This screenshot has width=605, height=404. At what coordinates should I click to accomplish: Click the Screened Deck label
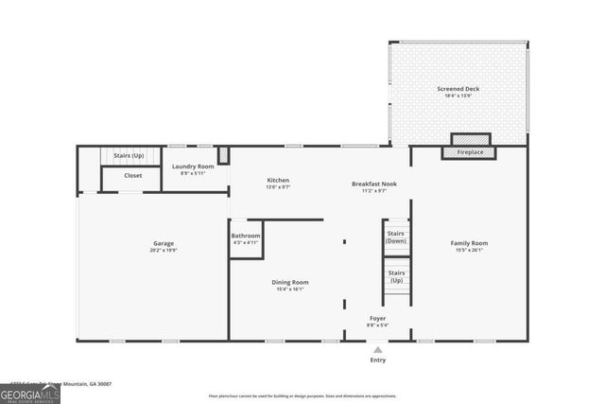point(458,89)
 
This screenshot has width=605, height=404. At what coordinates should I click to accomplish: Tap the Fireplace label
point(469,152)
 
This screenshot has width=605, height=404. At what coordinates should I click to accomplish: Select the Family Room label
point(469,243)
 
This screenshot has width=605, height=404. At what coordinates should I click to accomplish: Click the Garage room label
point(164,243)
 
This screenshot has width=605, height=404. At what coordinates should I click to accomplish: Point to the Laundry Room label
point(193,167)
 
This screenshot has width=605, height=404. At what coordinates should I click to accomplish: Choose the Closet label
point(133,175)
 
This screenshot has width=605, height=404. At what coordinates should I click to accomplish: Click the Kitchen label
point(278,181)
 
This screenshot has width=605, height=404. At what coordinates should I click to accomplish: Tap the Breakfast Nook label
point(374,184)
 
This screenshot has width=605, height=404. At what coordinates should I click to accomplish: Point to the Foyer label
point(377,319)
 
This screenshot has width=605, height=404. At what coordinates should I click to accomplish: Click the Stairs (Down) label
point(397,237)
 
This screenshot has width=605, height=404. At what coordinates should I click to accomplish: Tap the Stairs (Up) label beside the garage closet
point(128,155)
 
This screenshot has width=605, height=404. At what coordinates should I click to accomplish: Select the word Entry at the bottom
point(378,360)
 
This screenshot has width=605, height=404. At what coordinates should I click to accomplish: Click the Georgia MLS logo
point(30,393)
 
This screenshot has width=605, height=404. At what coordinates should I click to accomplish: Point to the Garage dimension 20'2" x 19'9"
point(164,251)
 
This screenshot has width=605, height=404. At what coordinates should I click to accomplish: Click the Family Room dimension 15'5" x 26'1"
point(469,251)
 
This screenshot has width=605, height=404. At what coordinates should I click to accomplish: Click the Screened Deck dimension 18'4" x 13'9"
point(458,97)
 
